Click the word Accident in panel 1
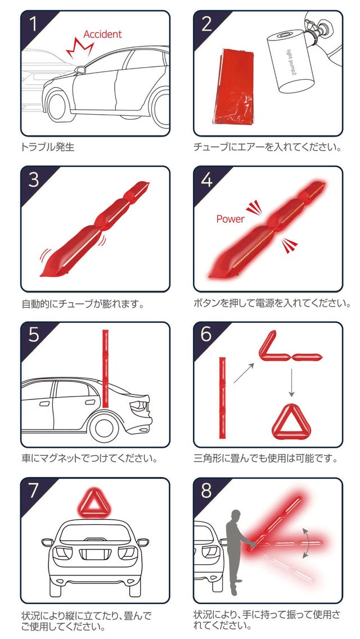coord(102,34)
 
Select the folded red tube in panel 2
coord(233,86)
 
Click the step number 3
coord(34,180)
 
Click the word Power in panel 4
coord(231,219)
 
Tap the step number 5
coord(34,335)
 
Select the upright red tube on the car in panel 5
coord(106,368)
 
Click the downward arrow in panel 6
coord(291,382)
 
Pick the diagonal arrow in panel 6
coord(244,373)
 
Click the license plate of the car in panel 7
coord(95,554)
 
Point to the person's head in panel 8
coord(236,514)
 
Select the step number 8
coord(206,492)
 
